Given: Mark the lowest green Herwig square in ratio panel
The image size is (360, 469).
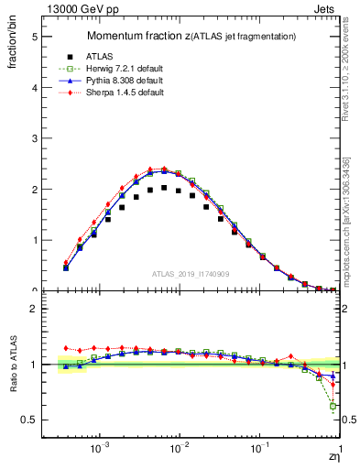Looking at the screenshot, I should click(x=333, y=406).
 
